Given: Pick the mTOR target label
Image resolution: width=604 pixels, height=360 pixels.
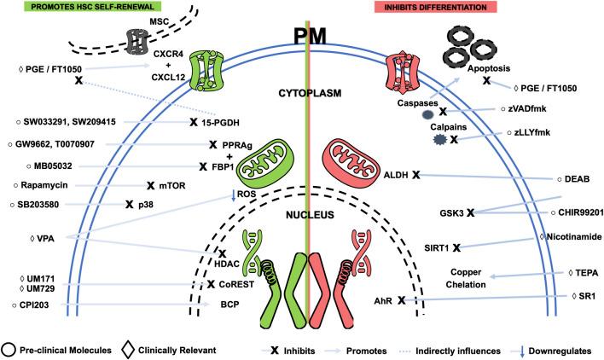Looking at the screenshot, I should pos(176,184).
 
